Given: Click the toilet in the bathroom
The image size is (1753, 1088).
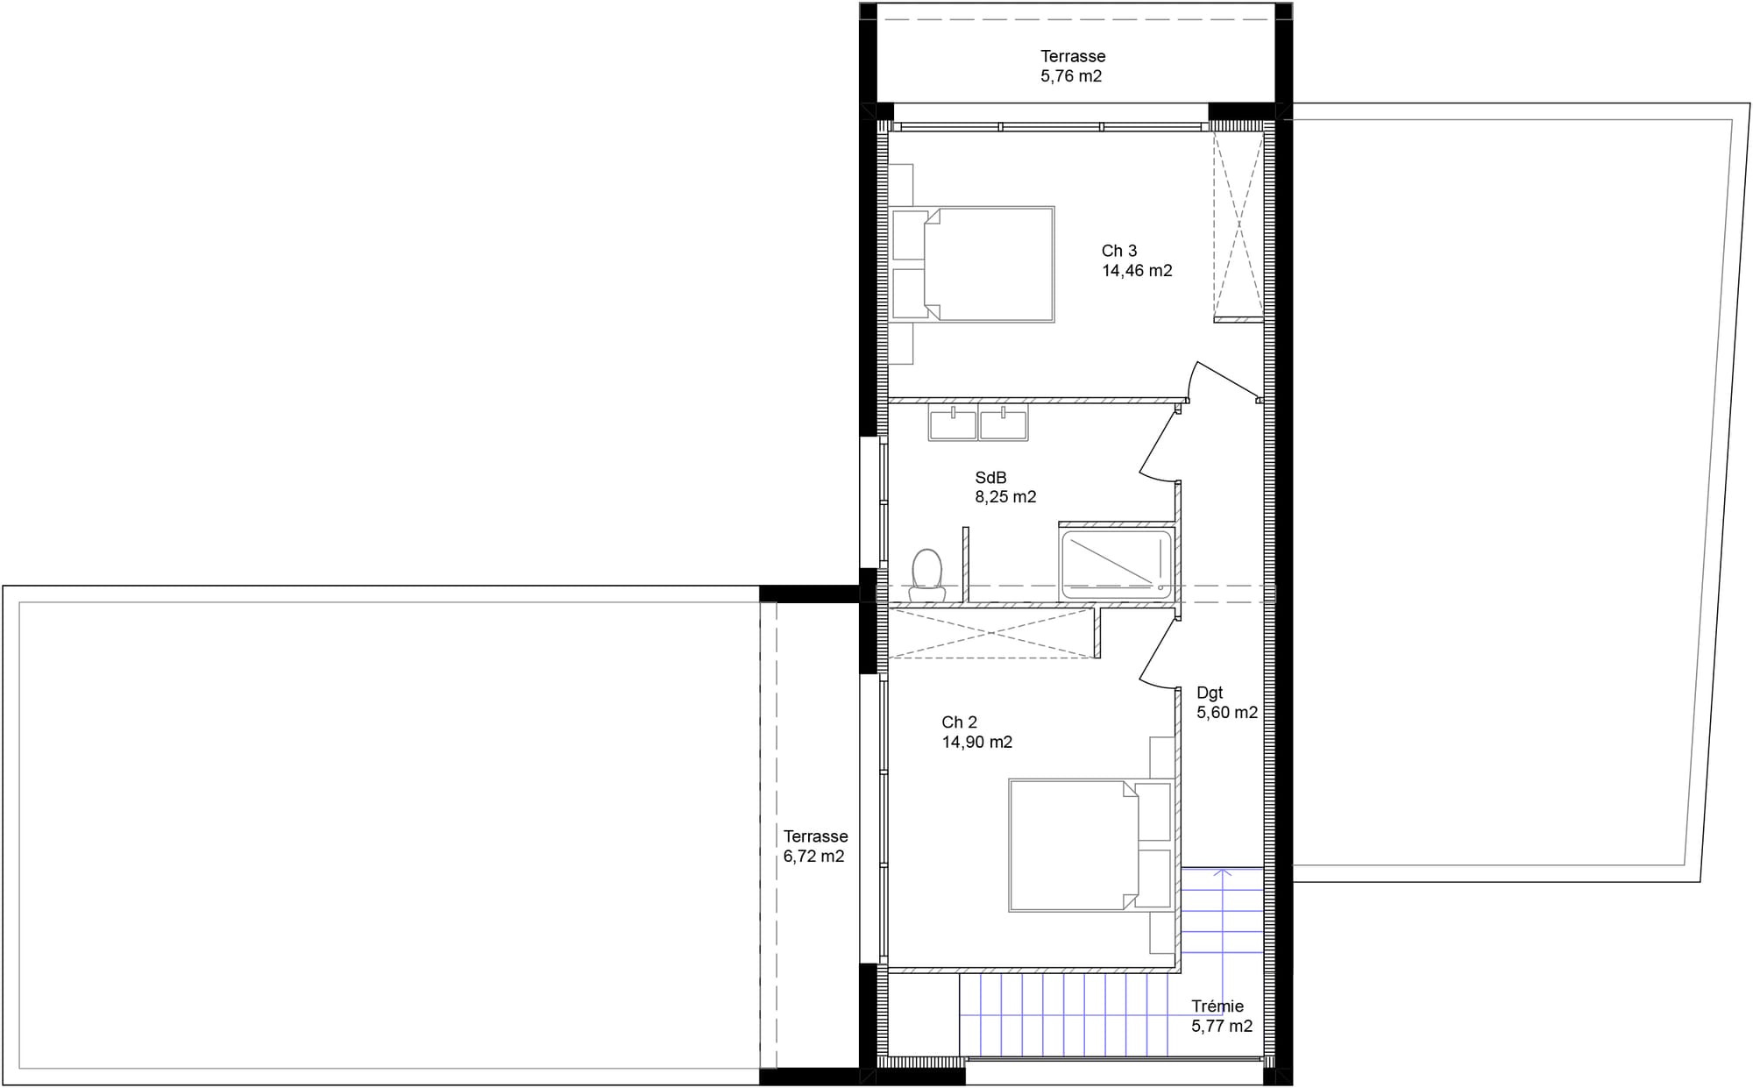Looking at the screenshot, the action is pos(926,575).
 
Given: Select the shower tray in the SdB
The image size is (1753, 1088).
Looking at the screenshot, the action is pos(1116,564).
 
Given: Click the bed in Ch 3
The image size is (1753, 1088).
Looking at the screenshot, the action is pos(972,264).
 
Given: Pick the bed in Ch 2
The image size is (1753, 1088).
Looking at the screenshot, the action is pos(1090,845).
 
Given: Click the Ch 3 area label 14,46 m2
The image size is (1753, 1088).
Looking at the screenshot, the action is pos(1137,271).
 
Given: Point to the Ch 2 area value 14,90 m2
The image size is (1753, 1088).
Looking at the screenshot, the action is pos(977,743).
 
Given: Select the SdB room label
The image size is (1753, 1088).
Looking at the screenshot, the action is pos(990,478).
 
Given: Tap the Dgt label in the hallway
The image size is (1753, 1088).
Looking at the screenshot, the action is pos(1210,693).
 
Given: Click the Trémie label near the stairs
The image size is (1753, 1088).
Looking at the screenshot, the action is pos(1217,1006).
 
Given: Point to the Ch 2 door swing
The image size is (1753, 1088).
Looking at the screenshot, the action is pos(1159,652).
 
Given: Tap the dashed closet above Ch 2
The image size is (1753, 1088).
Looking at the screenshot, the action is pos(991,633).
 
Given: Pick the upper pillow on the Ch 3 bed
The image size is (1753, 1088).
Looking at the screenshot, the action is pos(910,235).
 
